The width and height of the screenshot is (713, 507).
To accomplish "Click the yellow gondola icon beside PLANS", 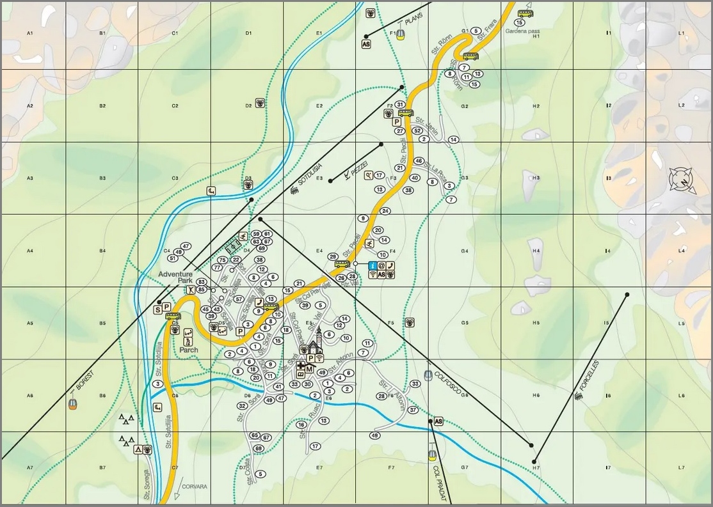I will (400, 34).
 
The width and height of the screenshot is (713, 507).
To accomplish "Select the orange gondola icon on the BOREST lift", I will (73, 404).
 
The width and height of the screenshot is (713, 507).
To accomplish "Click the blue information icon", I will (373, 265).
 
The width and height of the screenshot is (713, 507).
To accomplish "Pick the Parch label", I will (189, 350).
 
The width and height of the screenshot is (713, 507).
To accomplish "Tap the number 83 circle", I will (201, 282).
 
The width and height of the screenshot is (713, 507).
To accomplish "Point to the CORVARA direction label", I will (195, 487).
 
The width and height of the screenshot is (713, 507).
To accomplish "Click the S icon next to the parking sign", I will (157, 309).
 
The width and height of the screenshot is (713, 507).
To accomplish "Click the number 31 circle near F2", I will (400, 104).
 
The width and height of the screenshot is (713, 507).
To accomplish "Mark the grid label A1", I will (29, 33).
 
